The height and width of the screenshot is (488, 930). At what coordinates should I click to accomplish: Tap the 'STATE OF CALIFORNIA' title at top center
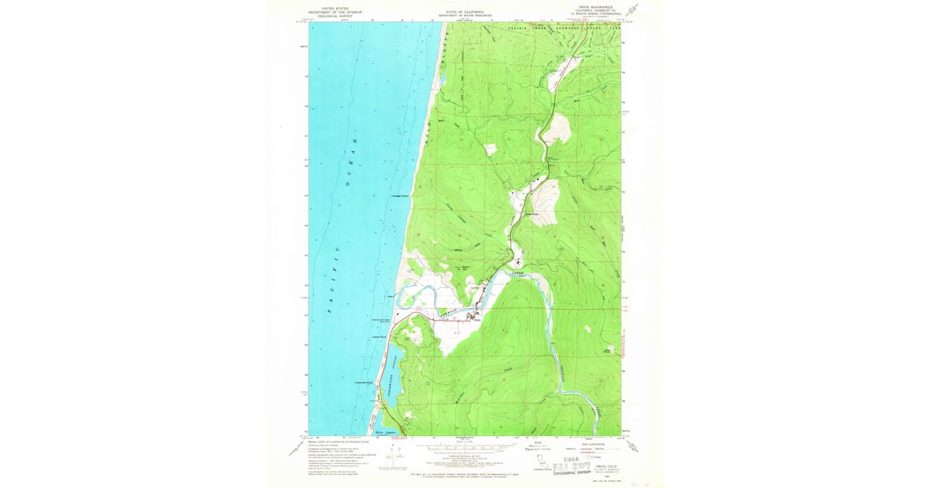click(x=465, y=12)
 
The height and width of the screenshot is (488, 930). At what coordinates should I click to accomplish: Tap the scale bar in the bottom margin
click(x=465, y=446)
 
